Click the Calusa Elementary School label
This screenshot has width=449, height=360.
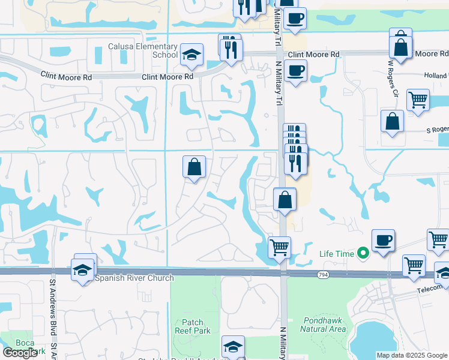(x=143, y=50)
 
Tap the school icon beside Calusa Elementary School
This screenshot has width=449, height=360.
(x=191, y=55)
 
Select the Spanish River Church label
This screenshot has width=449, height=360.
(x=134, y=278)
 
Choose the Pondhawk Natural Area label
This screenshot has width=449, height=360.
(x=322, y=325)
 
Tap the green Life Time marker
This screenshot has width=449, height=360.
(x=363, y=254)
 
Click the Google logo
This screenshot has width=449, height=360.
(x=20, y=353)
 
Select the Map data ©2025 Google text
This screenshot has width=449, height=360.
(x=412, y=355)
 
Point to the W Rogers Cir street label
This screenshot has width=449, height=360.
(x=393, y=77)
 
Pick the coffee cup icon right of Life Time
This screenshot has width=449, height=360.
(x=383, y=241)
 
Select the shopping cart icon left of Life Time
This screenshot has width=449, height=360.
(x=279, y=247)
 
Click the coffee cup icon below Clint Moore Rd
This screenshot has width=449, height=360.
(x=295, y=71)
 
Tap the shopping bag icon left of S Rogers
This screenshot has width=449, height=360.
(x=391, y=121)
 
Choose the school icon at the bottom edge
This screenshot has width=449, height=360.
(x=233, y=347)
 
